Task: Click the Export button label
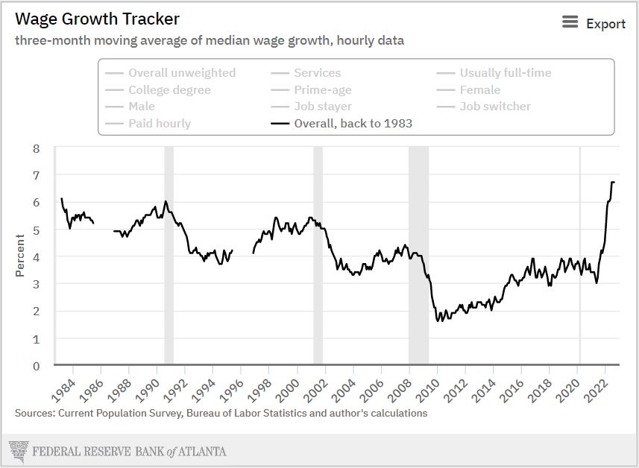click(605, 24)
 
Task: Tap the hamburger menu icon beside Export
click(570, 22)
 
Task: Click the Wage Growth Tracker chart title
click(98, 19)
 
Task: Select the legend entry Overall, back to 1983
click(353, 123)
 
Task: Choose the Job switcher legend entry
click(494, 106)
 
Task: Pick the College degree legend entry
click(169, 89)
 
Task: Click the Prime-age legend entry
click(322, 89)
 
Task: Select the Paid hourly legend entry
click(159, 123)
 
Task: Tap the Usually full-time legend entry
click(505, 72)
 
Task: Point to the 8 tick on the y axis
click(36, 148)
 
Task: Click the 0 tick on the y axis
click(36, 366)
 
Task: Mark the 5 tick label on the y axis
click(36, 230)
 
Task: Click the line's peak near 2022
click(612, 182)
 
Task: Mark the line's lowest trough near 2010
click(438, 320)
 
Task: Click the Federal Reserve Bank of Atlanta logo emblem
click(17, 451)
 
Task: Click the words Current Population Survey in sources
click(121, 412)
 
